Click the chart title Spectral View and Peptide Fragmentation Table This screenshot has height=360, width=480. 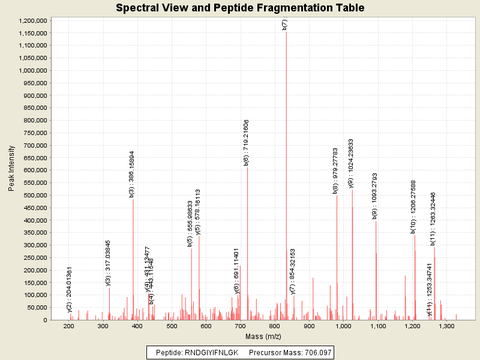tap(240, 8)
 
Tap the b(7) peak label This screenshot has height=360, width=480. tap(285, 24)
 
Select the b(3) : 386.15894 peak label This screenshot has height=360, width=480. tap(132, 174)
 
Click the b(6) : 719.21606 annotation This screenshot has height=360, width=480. tap(246, 142)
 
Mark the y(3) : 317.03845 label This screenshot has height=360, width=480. tap(108, 263)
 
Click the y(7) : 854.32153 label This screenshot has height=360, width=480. tap(293, 271)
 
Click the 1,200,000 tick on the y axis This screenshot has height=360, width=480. tap(34, 20)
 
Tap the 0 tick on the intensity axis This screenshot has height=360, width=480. tap(45, 320)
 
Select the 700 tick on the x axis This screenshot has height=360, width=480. tap(241, 326)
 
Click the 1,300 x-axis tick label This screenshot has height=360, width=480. tap(445, 326)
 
